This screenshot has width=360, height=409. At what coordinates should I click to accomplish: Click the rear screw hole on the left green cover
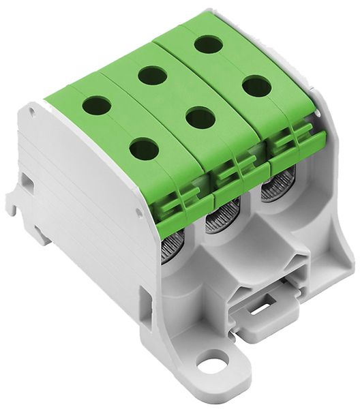coord(97,106)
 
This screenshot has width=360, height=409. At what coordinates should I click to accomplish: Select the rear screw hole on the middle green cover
coord(152,75)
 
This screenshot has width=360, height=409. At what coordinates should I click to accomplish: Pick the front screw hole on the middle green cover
coord(200,118)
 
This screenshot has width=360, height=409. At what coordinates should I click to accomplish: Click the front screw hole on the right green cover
coord(256,87)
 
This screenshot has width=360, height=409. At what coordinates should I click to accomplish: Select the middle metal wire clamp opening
coord(220,219)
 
